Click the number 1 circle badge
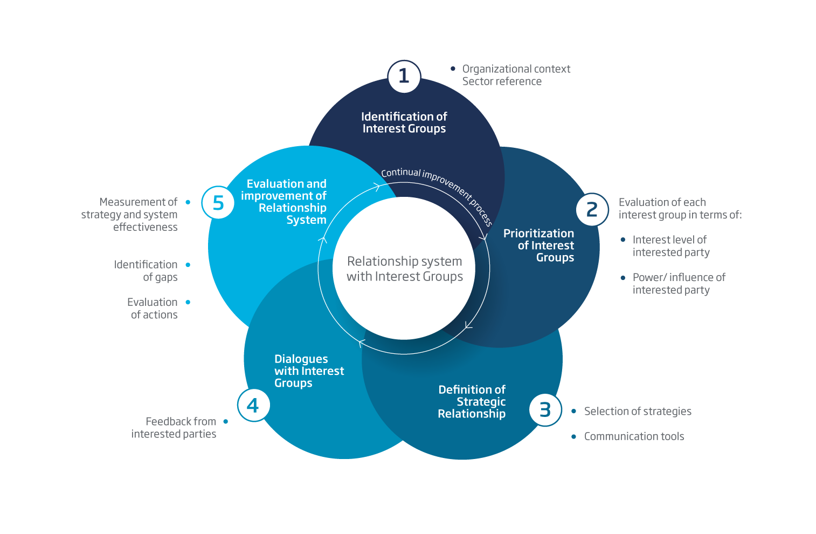pos(404,76)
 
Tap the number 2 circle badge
pos(592,209)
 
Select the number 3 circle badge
pos(545,410)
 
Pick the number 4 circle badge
pos(253,405)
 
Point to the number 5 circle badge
pos(218,203)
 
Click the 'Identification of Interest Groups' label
pos(404,122)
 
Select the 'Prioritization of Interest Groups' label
pos(539,245)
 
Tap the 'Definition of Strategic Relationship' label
pos(472,402)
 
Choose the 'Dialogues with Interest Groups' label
pos(309,371)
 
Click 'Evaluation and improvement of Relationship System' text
pos(285,202)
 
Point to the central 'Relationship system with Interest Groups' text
pos(404,269)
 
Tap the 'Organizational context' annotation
pos(516,69)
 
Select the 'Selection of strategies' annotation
pos(638,412)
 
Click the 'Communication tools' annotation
pos(634,436)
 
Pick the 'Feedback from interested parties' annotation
pos(174,428)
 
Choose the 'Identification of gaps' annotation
pos(146,271)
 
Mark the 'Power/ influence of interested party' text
pos(679,284)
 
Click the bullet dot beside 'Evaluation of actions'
pos(188,302)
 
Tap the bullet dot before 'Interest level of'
pos(623,239)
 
